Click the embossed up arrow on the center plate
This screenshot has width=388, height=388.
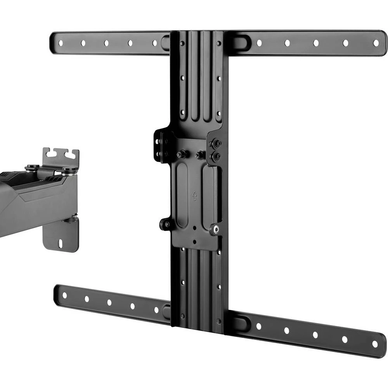click(x=195, y=196)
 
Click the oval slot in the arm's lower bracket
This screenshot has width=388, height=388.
click(x=61, y=244)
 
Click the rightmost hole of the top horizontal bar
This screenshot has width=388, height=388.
click(x=376, y=43)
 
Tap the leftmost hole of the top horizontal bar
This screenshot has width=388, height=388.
click(x=60, y=43)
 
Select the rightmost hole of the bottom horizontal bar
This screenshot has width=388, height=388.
click(x=374, y=344)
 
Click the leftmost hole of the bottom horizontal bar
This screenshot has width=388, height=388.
click(x=64, y=295)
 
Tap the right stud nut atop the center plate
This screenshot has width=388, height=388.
click(x=199, y=155)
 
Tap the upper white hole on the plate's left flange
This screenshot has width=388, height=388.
click(x=157, y=142)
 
